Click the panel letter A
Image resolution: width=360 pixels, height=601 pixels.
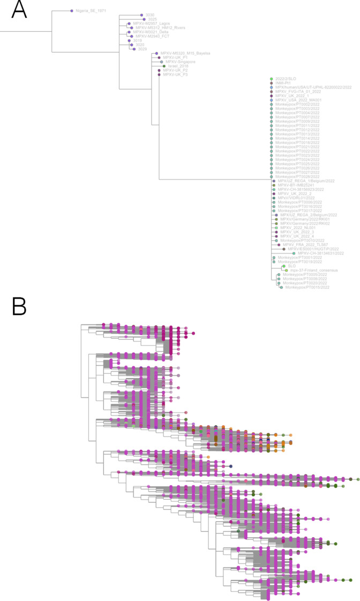coord(19,10)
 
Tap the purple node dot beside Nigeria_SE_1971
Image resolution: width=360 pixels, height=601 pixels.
coord(72,11)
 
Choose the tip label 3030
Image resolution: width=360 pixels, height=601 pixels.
coord(151,15)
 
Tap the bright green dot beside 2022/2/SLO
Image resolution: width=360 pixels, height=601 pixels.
coord(272,79)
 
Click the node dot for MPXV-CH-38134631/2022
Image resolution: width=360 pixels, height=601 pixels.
coord(294,253)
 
